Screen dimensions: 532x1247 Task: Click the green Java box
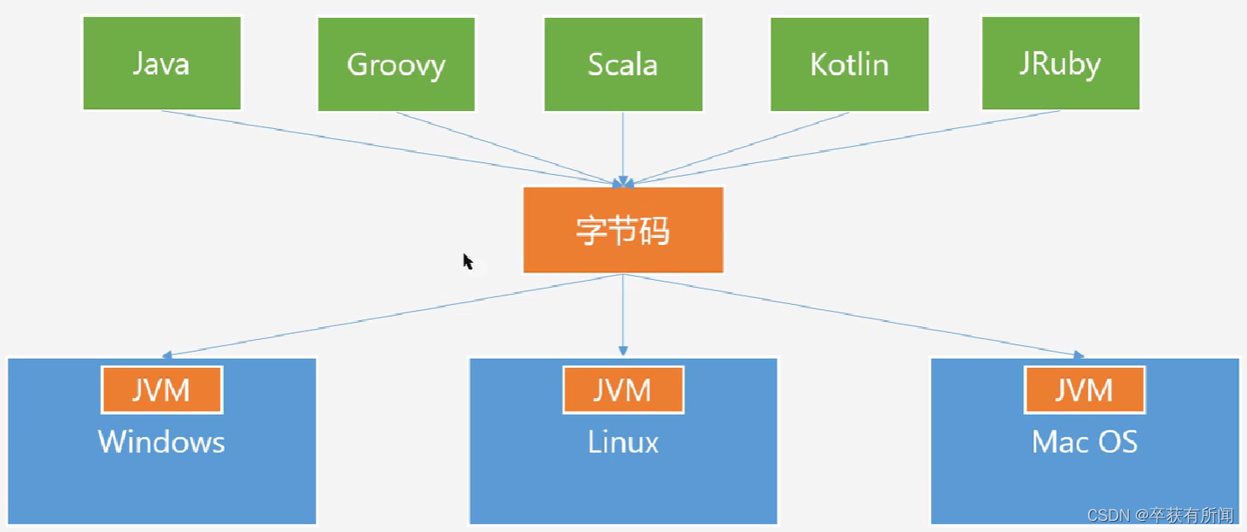pyautogui.click(x=161, y=64)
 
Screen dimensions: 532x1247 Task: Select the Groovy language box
pyautogui.click(x=396, y=64)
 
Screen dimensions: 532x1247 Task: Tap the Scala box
pyautogui.click(x=623, y=64)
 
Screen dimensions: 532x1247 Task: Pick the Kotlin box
pyautogui.click(x=850, y=64)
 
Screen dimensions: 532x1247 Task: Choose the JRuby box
pyautogui.click(x=1060, y=64)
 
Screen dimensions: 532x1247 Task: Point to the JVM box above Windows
pyautogui.click(x=162, y=390)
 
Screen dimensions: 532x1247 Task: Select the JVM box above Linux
pyautogui.click(x=623, y=390)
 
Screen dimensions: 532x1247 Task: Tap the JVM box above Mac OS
pyautogui.click(x=1084, y=390)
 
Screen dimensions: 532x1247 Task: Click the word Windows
pyautogui.click(x=161, y=441)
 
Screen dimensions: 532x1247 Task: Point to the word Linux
pyautogui.click(x=623, y=441)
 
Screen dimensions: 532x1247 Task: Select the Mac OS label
pyautogui.click(x=1084, y=441)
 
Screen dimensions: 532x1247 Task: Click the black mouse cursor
pyautogui.click(x=468, y=261)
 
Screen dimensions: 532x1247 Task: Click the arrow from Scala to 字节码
pyautogui.click(x=623, y=145)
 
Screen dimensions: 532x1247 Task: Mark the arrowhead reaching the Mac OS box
pyautogui.click(x=1079, y=354)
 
